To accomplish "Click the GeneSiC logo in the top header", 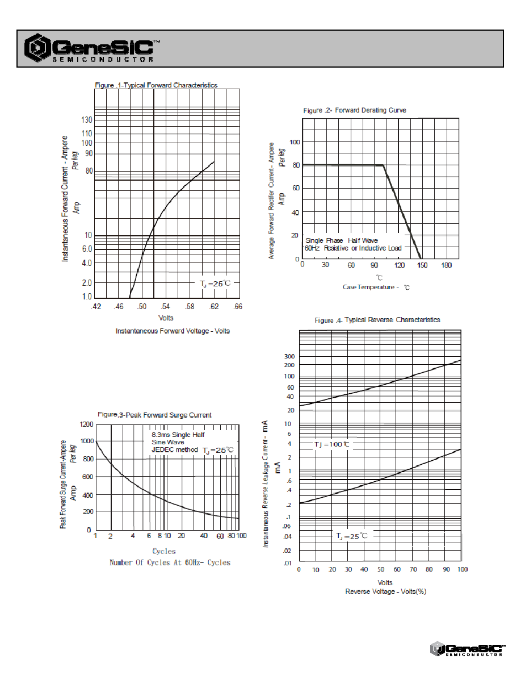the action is point(92,48).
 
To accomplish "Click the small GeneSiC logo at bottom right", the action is point(468,649).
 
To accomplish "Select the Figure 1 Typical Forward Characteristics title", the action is point(156,85).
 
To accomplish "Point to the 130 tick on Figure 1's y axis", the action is point(87,120).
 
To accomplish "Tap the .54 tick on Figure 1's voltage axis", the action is point(165,306).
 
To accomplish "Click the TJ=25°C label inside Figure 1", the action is point(215,284).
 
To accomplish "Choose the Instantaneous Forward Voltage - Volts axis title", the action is point(173,331).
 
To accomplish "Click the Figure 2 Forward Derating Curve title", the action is point(355,110).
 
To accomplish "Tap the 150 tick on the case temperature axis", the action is point(422,265).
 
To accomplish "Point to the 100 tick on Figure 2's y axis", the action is point(295,142).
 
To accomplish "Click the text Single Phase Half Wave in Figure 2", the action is point(342,241).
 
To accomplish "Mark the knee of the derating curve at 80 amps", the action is point(384,165).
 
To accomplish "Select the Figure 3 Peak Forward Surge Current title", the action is point(154,415).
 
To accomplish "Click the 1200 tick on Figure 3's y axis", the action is point(86,424).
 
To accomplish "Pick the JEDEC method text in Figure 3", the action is point(175,450).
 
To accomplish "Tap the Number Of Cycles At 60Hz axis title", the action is point(170,562).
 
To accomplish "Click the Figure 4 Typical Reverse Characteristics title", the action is point(377,320).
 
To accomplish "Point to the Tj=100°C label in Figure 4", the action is point(331,444).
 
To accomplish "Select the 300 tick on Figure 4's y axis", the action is point(289,356).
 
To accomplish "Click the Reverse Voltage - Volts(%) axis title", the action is point(385,591).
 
